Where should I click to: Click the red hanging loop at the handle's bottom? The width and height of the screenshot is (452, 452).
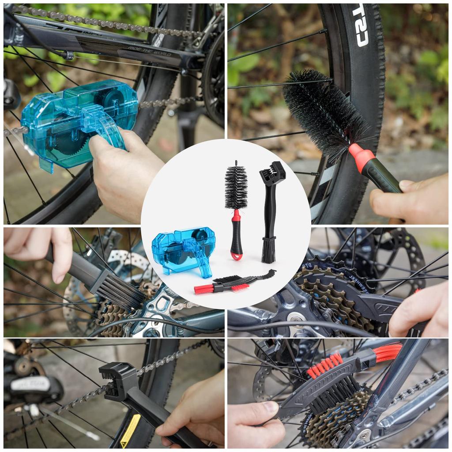(237, 255)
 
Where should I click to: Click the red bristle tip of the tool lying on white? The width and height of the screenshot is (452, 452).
(203, 290)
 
